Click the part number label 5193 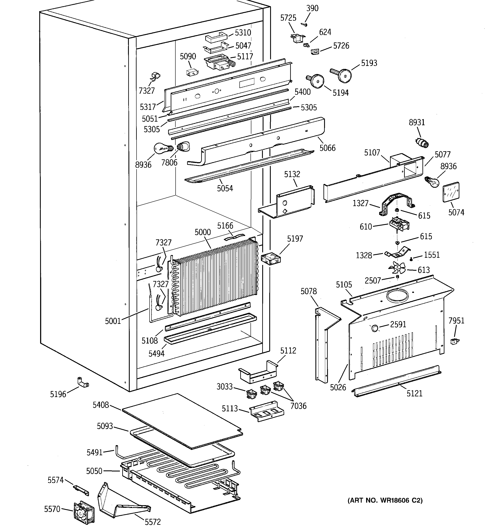[369, 63]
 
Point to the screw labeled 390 [304, 25]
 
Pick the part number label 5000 [202, 232]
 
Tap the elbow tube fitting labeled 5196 [82, 383]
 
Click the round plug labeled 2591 [375, 328]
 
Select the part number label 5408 [101, 405]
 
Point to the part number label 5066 [327, 148]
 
